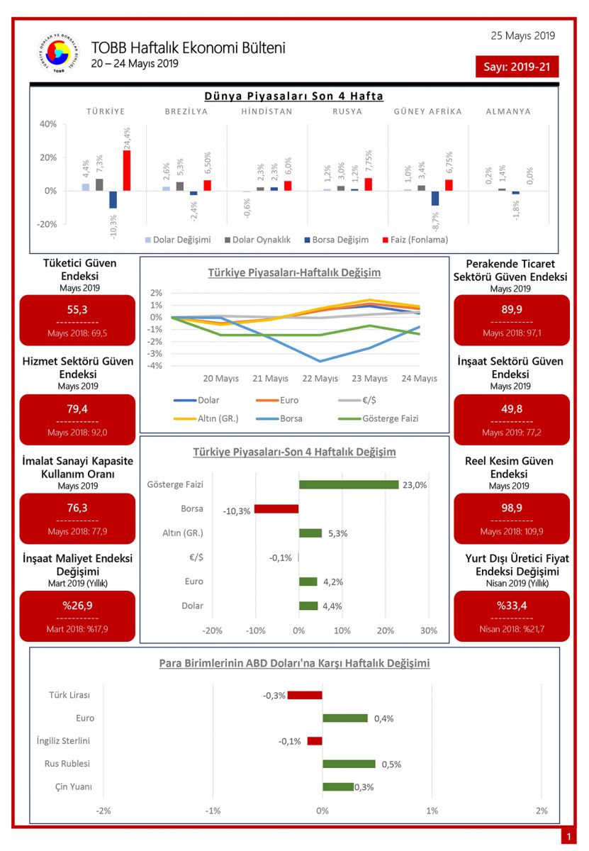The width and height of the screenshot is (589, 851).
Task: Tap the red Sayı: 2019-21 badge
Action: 517,67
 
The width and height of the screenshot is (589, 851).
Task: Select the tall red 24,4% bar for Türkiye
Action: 127,170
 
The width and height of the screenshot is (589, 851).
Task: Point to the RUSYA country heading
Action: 347,111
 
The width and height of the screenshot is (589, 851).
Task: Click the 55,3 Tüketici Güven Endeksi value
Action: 77,310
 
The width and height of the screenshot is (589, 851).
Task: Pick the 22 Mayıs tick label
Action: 320,379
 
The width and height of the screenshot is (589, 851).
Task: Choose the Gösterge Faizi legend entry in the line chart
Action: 390,418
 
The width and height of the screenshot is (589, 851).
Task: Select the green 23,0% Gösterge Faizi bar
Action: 349,485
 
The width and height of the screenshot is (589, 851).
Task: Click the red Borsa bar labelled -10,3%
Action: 276,508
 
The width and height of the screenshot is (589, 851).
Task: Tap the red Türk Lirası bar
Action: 305,695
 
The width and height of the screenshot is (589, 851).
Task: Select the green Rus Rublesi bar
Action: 349,764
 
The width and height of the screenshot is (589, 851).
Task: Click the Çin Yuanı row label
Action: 73,787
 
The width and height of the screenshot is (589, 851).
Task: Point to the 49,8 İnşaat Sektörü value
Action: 511,409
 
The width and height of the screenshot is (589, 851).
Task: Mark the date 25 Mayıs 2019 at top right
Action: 522,35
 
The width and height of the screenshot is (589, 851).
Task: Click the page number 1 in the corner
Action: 568,837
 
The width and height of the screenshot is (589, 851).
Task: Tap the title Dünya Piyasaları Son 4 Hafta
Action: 293,96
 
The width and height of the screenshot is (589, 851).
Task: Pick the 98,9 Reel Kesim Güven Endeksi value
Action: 511,508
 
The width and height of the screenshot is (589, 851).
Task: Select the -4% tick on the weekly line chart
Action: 156,366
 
